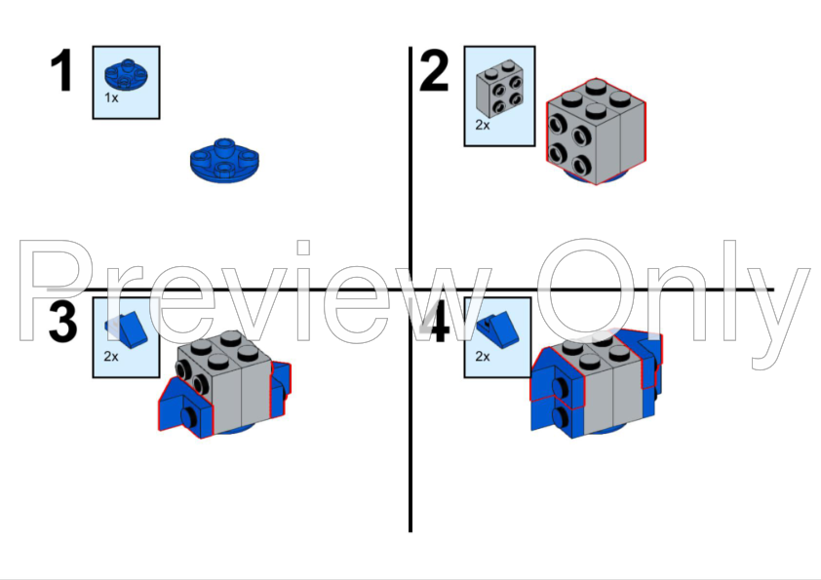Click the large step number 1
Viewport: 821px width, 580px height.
pos(61,70)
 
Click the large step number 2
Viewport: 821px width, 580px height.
pos(434,70)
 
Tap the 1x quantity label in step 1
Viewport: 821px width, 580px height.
pos(111,97)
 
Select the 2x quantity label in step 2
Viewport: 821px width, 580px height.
pos(483,125)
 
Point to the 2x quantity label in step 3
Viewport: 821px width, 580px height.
pos(111,357)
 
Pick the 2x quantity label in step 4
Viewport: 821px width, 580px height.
pos(483,357)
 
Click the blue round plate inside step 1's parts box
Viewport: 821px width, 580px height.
pos(126,75)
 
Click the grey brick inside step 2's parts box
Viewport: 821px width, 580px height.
pos(500,88)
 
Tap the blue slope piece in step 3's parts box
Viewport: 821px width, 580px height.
pos(127,329)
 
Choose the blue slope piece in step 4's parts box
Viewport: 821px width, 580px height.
pos(498,329)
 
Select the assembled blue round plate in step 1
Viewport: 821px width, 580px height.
pos(224,160)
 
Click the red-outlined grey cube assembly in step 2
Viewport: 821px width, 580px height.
pos(596,131)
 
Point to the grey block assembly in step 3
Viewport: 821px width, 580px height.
pos(225,383)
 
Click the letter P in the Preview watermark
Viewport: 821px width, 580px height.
pos(58,290)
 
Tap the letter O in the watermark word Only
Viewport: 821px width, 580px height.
pos(585,290)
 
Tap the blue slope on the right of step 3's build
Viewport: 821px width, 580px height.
pos(280,388)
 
